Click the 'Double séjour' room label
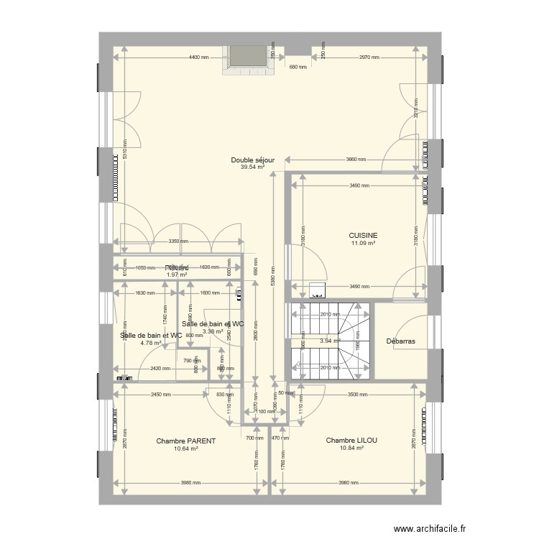(x=253, y=160)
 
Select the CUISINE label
(x=364, y=236)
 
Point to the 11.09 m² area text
(x=364, y=243)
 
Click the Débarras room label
(x=401, y=341)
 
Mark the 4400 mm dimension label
(x=199, y=57)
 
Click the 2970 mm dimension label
(x=368, y=57)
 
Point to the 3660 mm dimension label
(x=356, y=160)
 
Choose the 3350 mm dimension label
(x=179, y=242)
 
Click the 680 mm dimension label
(x=298, y=68)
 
